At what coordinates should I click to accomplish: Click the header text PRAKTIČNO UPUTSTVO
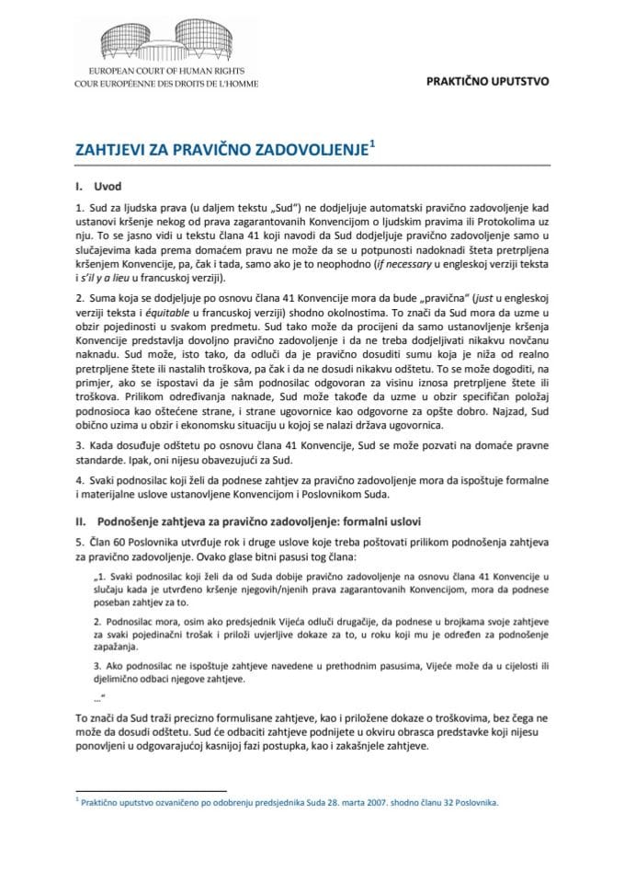pos(488,81)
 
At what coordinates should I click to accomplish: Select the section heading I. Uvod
pos(95,185)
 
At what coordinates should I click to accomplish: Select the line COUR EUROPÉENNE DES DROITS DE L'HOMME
pos(166,82)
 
